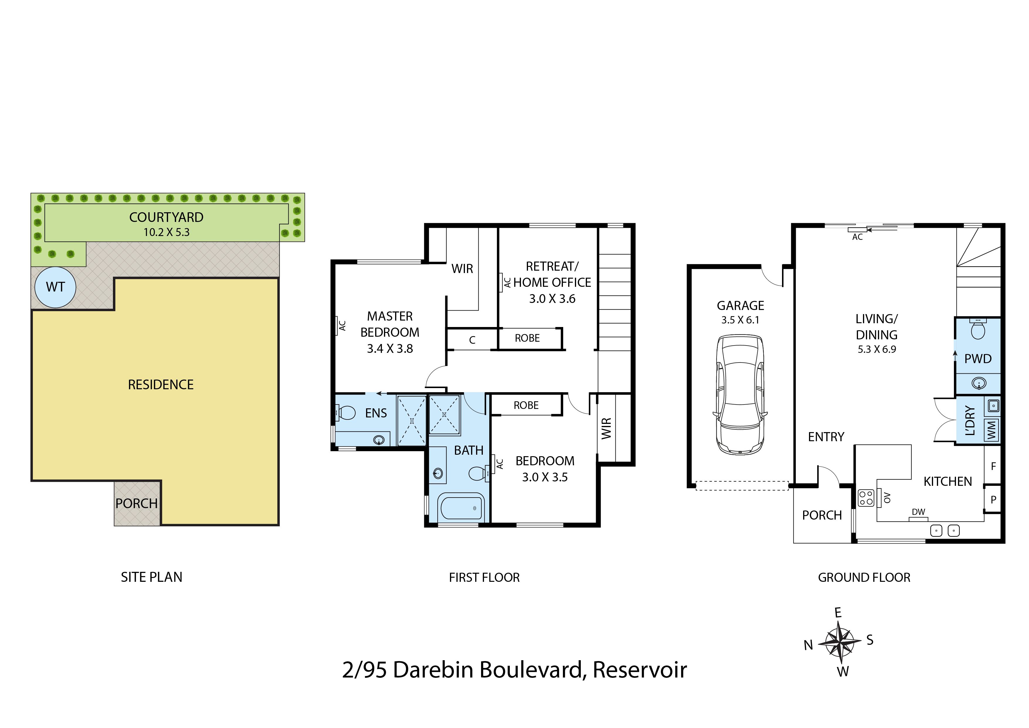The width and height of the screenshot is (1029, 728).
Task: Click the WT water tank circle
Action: pos(55,287)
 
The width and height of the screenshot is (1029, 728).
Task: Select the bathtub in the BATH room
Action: pos(461,507)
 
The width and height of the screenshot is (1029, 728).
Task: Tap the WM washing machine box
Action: pos(991,430)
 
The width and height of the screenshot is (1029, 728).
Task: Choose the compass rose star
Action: pos(840,642)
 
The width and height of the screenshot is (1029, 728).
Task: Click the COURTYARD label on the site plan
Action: pos(166,217)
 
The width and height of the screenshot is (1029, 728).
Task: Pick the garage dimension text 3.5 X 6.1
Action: pos(740,320)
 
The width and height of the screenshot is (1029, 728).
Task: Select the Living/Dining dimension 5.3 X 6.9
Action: pos(877,349)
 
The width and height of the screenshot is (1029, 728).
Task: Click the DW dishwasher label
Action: pos(918,512)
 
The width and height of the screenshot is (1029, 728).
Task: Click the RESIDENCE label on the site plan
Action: pos(161,385)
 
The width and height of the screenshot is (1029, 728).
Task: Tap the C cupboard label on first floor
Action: pos(472,340)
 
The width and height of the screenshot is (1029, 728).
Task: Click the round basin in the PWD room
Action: pos(979,383)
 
